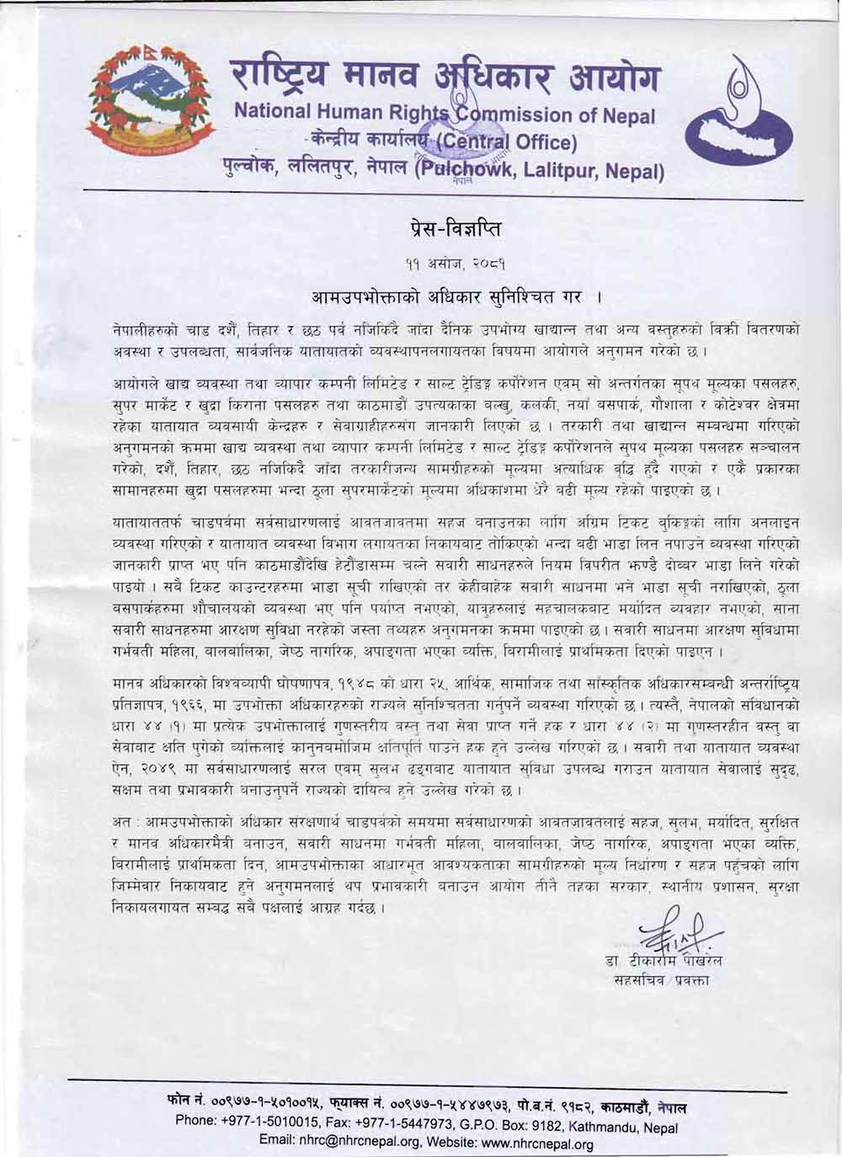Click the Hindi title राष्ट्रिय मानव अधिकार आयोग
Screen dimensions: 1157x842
pos(446,78)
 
